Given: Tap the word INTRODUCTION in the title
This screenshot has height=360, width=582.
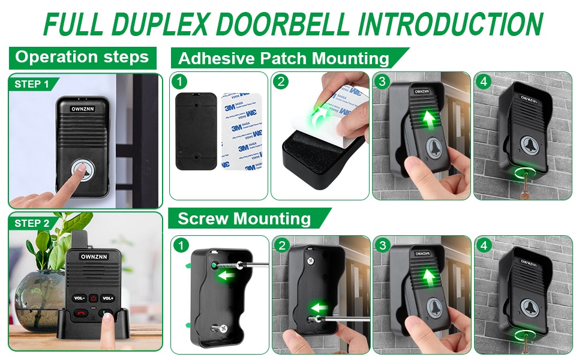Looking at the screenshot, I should pyautogui.click(x=450, y=23).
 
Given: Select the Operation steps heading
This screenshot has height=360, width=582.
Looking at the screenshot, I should pyautogui.click(x=82, y=58).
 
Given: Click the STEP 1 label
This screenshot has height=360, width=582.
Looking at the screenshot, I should pyautogui.click(x=32, y=84).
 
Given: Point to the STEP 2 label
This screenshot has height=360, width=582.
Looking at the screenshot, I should pyautogui.click(x=32, y=223).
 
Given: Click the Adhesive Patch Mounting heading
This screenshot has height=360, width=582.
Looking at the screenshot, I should pyautogui.click(x=283, y=58).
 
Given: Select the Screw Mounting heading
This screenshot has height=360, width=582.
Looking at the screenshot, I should pyautogui.click(x=244, y=218).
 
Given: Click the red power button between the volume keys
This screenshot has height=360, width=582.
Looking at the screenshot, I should pyautogui.click(x=94, y=298).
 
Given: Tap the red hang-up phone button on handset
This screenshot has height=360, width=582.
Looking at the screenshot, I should pyautogui.click(x=80, y=313).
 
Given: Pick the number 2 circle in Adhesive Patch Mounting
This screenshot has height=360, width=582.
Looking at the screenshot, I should pyautogui.click(x=281, y=81).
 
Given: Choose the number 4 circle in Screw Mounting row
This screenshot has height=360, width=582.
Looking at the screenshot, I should pyautogui.click(x=484, y=245).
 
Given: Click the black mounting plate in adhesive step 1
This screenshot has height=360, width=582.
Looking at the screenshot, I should pyautogui.click(x=196, y=131).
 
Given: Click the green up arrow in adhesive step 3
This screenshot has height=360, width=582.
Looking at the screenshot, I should pyautogui.click(x=428, y=118).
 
